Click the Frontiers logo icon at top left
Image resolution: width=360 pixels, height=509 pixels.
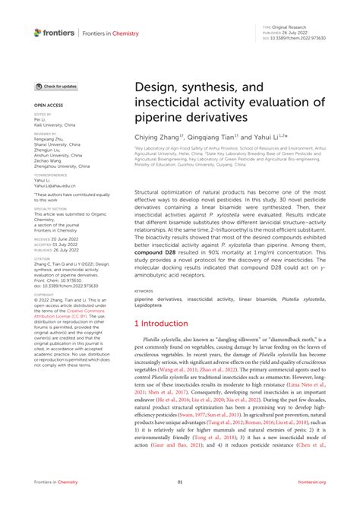pos(38,32)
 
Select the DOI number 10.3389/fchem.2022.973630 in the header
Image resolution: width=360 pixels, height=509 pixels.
pos(298,36)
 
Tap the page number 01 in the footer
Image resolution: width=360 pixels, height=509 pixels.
pos(180,482)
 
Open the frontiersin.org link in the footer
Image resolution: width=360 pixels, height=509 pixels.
pos(311,482)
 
